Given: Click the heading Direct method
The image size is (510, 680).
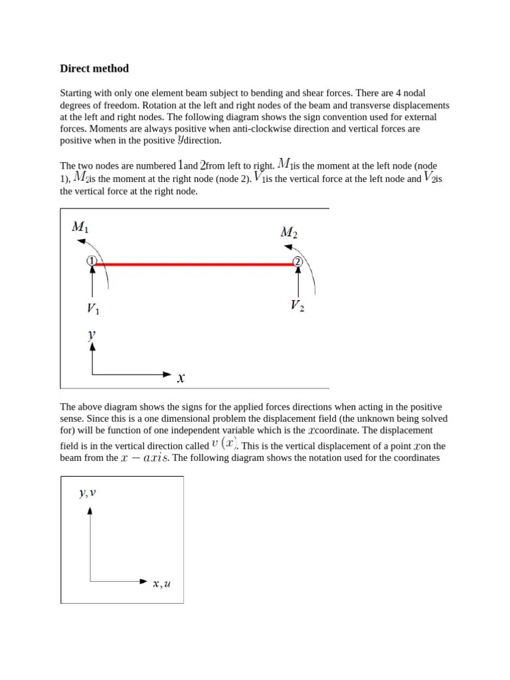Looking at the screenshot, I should tap(94, 68).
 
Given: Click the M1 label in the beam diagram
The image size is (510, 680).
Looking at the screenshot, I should tap(80, 227).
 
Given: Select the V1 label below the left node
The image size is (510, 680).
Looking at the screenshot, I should tap(93, 309).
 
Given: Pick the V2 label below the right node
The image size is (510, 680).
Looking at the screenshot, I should tap(297, 305).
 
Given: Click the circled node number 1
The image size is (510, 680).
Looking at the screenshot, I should tap(92, 262).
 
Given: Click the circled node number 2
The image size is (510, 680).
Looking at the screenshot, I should tap(297, 262).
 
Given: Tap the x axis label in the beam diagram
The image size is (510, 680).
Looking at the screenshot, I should tap(181, 378).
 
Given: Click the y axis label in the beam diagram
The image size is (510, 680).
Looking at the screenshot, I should tap(92, 335).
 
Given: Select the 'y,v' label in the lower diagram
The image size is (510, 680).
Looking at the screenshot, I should tap(88, 493).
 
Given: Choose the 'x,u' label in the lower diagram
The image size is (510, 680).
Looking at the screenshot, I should tap(161, 584).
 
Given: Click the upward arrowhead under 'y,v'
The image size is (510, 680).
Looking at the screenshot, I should tap(90, 510).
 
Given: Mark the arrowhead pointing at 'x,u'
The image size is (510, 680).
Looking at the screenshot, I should tap(143, 582).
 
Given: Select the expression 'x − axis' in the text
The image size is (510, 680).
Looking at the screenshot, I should tap(145, 458).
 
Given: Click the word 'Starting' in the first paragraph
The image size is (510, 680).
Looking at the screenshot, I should tap(76, 94).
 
